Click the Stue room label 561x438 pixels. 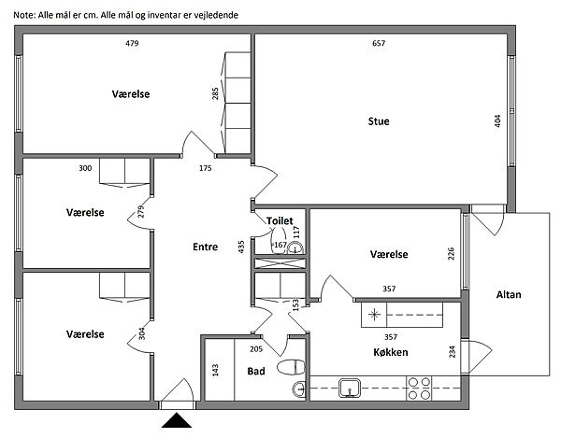pos(379,121)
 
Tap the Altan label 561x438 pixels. pos(509,295)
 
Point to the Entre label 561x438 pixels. pos(205,247)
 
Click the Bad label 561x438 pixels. pos(256,371)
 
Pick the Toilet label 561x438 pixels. pos(280,220)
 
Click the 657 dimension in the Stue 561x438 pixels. pos(378,44)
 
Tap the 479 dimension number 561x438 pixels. pos(132,44)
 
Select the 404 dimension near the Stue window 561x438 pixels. pos(498,121)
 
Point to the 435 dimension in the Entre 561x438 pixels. pos(241,247)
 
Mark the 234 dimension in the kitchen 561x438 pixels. pos(453,352)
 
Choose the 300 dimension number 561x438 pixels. pos(85,169)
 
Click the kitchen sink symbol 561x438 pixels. pos(351,387)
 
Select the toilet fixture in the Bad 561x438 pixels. pos(291,368)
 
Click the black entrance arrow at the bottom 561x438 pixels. pos(177,425)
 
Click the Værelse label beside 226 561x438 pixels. pos(388,254)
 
